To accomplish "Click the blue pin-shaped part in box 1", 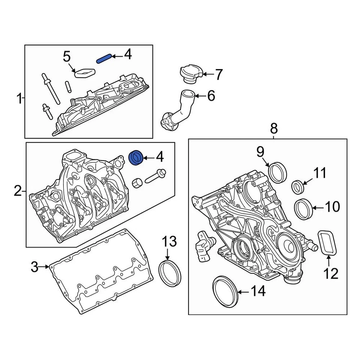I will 103,58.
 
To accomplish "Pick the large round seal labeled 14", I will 225,291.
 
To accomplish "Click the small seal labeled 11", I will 298,187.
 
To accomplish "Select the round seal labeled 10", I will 303,209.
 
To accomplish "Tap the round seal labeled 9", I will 279,171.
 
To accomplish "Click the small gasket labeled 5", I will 84,72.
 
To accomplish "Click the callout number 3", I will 34,267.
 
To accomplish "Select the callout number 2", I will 18,192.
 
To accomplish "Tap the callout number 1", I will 18,99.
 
